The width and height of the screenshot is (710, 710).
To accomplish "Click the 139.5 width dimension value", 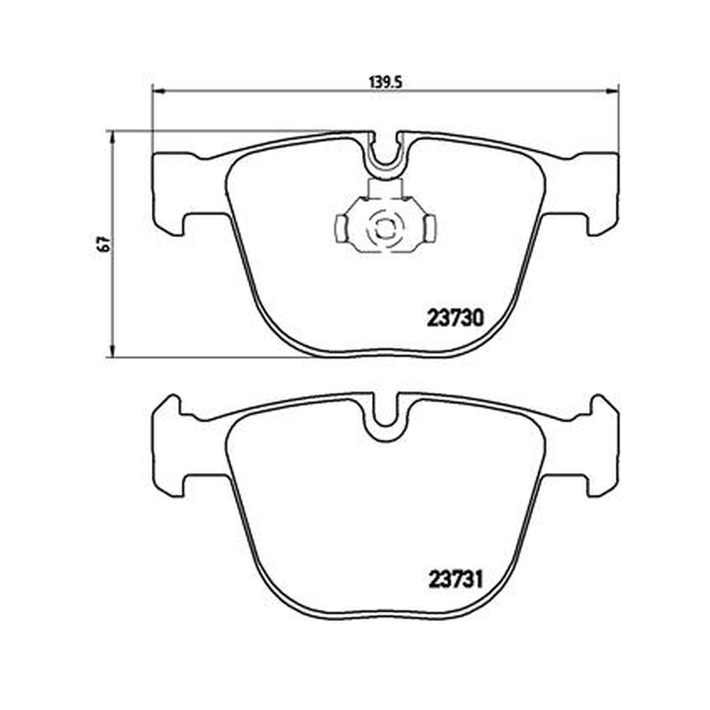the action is (x=386, y=83).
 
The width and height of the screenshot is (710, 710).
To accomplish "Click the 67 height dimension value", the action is (x=106, y=244).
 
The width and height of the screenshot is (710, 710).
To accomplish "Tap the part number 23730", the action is (x=455, y=318).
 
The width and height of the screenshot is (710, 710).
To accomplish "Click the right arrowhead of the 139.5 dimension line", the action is (x=611, y=92).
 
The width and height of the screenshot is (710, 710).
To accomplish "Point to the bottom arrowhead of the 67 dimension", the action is (x=112, y=351).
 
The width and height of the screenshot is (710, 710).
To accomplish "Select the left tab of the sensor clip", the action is (x=341, y=228).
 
